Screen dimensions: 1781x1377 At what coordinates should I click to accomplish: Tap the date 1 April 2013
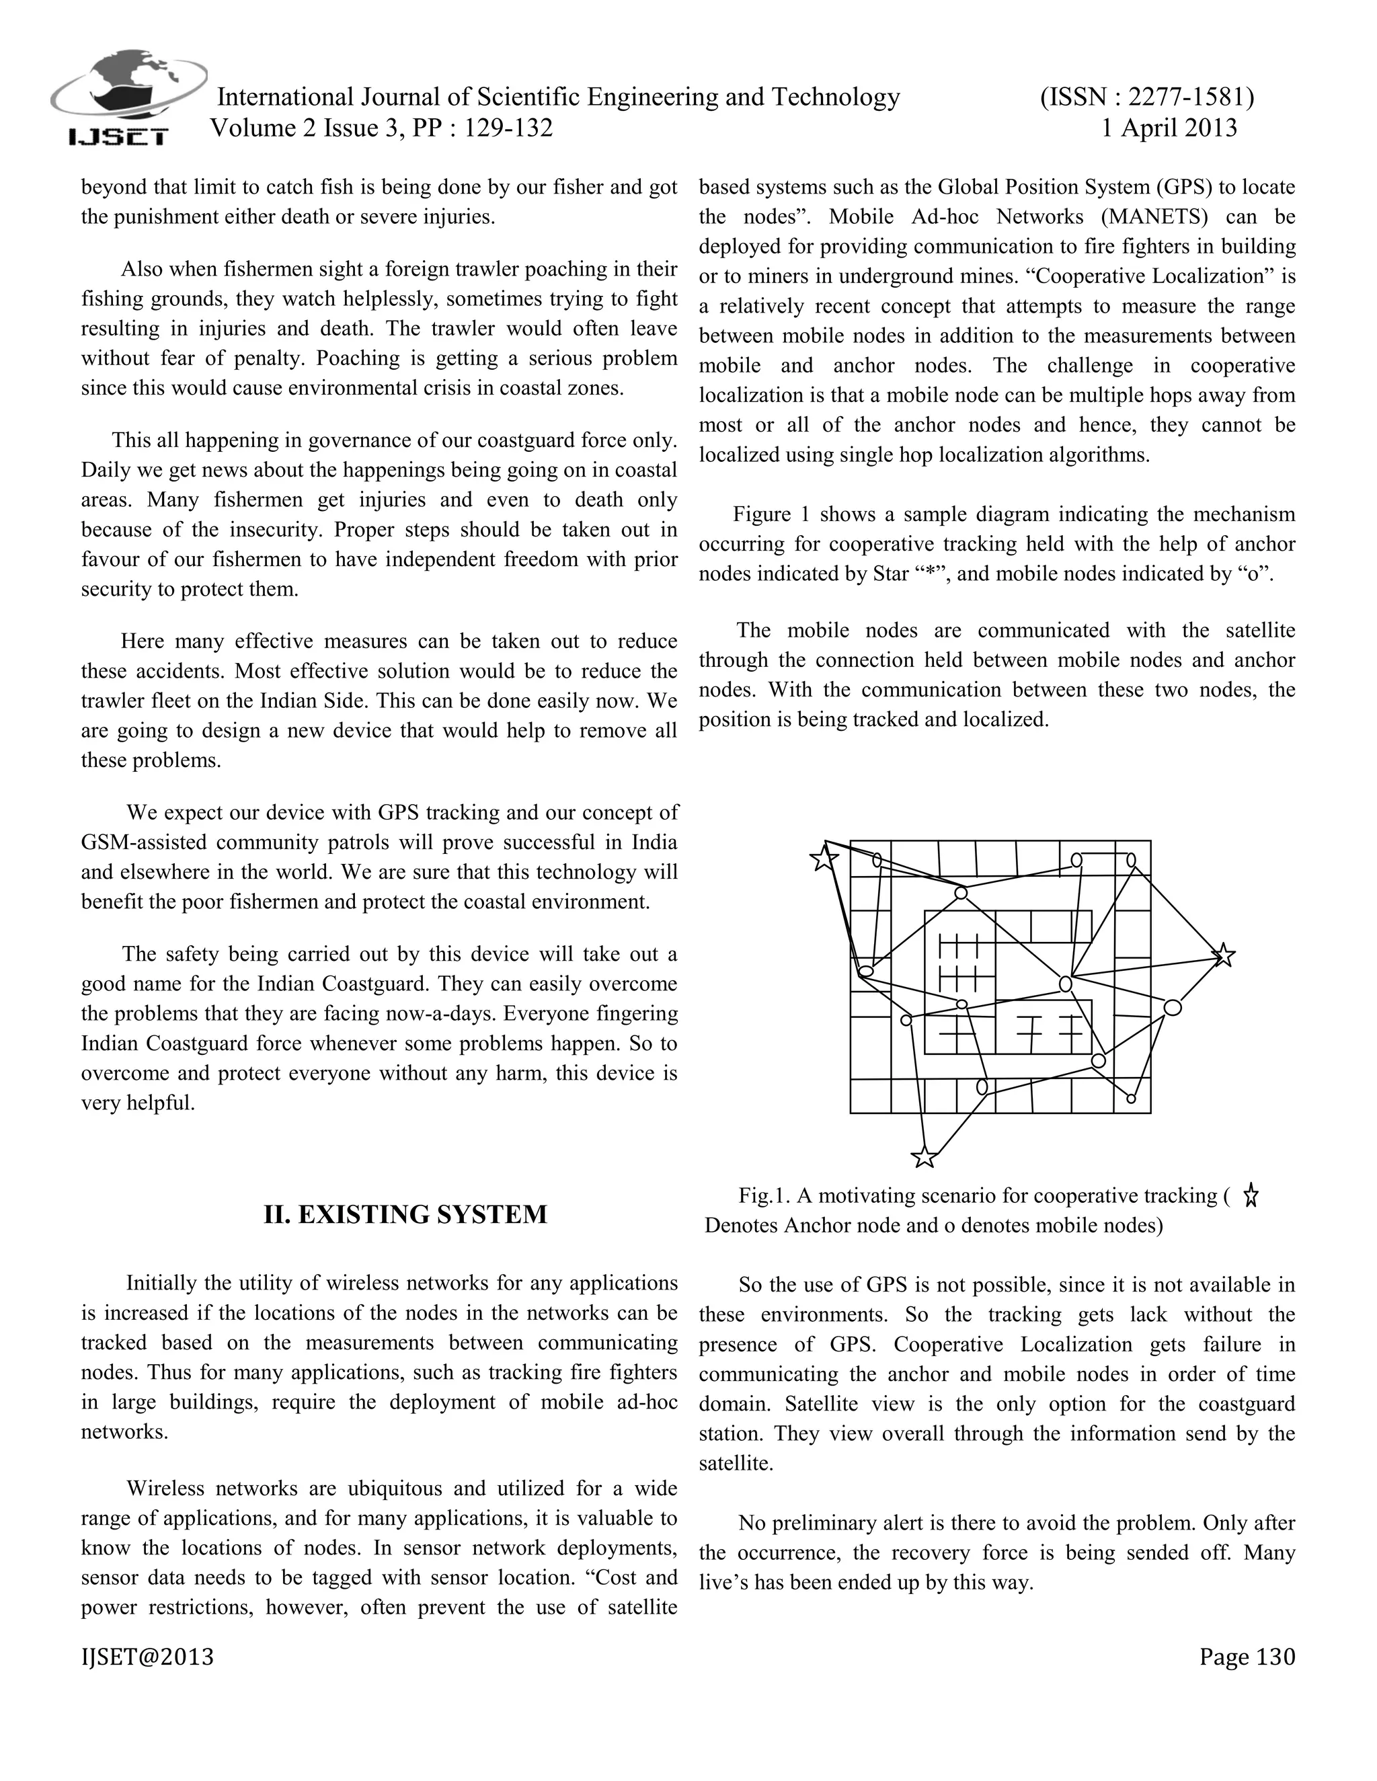pos(1169,128)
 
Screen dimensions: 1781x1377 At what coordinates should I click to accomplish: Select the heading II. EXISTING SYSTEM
pos(405,1214)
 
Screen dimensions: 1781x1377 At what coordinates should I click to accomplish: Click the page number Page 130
pos(1247,1657)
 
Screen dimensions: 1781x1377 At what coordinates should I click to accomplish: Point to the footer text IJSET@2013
pos(147,1657)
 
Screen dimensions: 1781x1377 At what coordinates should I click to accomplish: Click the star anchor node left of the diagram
pos(824,858)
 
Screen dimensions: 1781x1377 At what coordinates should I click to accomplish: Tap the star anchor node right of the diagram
pos(1223,955)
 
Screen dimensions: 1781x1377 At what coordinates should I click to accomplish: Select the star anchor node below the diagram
pos(923,1156)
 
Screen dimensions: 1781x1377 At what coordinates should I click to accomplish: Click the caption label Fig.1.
pos(764,1196)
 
